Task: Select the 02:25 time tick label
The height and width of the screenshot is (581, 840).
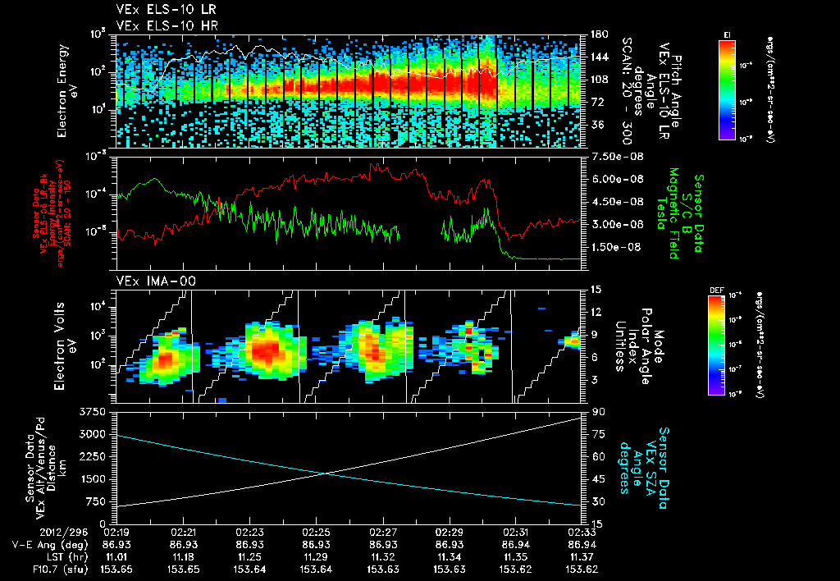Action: click(x=316, y=532)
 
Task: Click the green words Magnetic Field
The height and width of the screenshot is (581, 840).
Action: click(x=673, y=213)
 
